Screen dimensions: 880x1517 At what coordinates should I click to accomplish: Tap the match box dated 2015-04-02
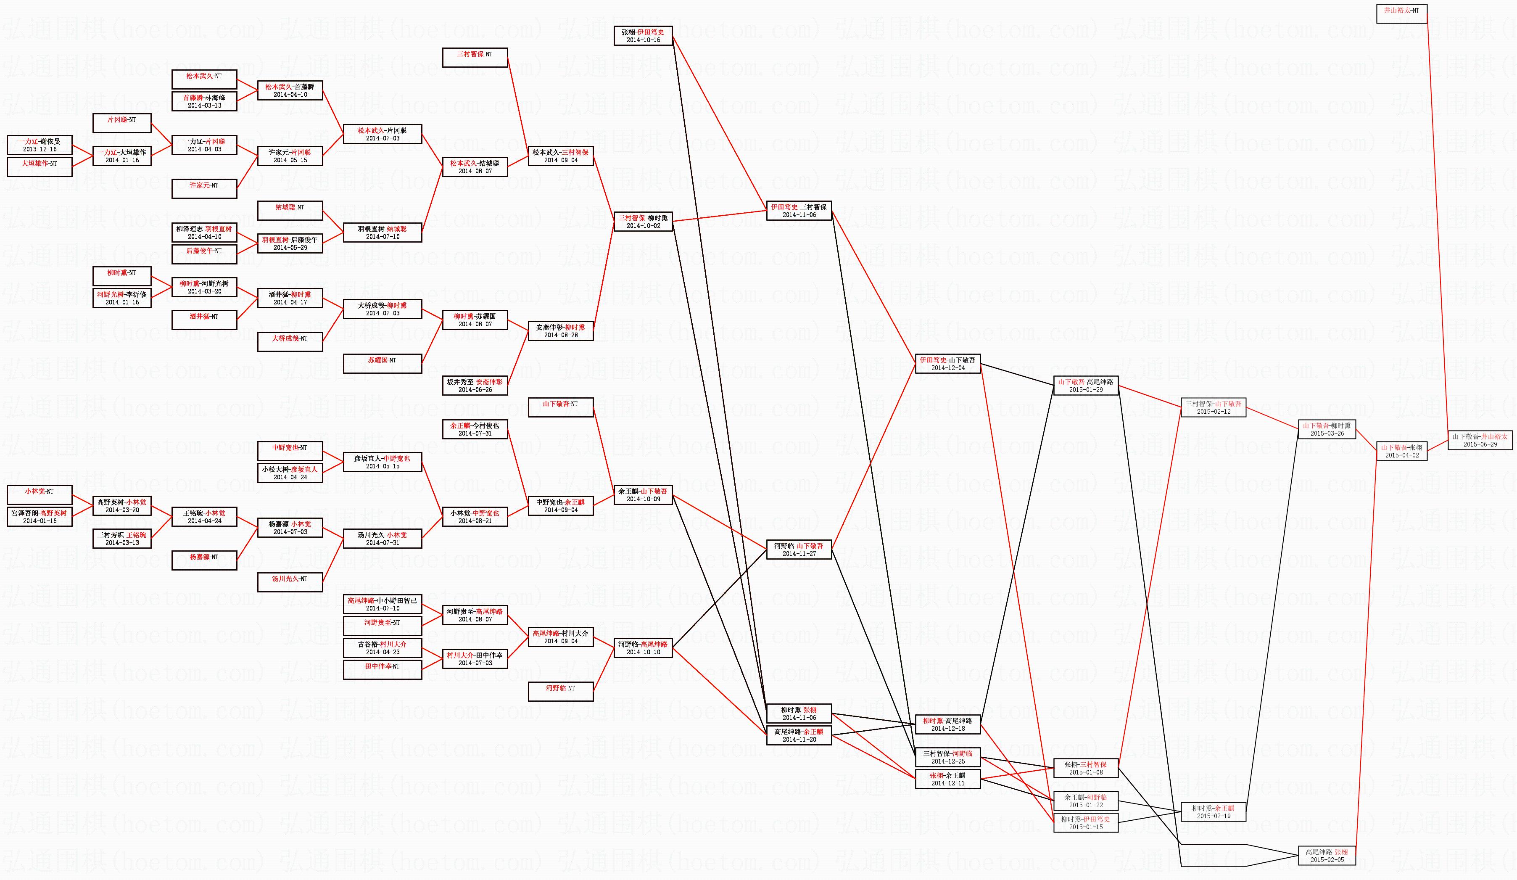1401,451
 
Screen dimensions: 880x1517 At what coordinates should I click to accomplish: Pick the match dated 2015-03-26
1327,429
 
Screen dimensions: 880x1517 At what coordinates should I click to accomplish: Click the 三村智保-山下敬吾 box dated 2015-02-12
1214,408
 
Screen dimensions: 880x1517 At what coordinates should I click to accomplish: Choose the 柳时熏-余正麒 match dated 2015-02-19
1214,812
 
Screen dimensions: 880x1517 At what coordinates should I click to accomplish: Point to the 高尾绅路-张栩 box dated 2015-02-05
1327,856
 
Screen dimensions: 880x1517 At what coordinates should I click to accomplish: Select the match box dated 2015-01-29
1086,386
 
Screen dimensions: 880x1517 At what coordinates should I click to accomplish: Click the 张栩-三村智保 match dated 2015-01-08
1086,768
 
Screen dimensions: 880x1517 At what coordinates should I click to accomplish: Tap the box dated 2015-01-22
1086,801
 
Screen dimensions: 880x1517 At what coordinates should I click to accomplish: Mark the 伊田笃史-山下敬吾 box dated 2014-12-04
948,364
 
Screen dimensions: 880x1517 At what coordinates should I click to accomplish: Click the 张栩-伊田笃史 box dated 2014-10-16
643,36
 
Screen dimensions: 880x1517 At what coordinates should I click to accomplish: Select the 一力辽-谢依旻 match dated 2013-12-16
40,145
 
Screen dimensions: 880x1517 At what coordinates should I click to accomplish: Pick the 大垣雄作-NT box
40,167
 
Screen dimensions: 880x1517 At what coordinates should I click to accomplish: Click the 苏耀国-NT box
382,364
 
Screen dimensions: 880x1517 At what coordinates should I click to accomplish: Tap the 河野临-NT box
560,692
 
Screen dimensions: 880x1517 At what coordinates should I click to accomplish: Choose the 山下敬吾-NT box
560,408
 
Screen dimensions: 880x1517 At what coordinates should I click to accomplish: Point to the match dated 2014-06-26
475,386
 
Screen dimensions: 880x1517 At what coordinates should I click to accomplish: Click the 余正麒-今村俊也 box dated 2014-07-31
475,429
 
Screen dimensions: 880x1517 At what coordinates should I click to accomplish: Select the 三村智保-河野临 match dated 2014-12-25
948,757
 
